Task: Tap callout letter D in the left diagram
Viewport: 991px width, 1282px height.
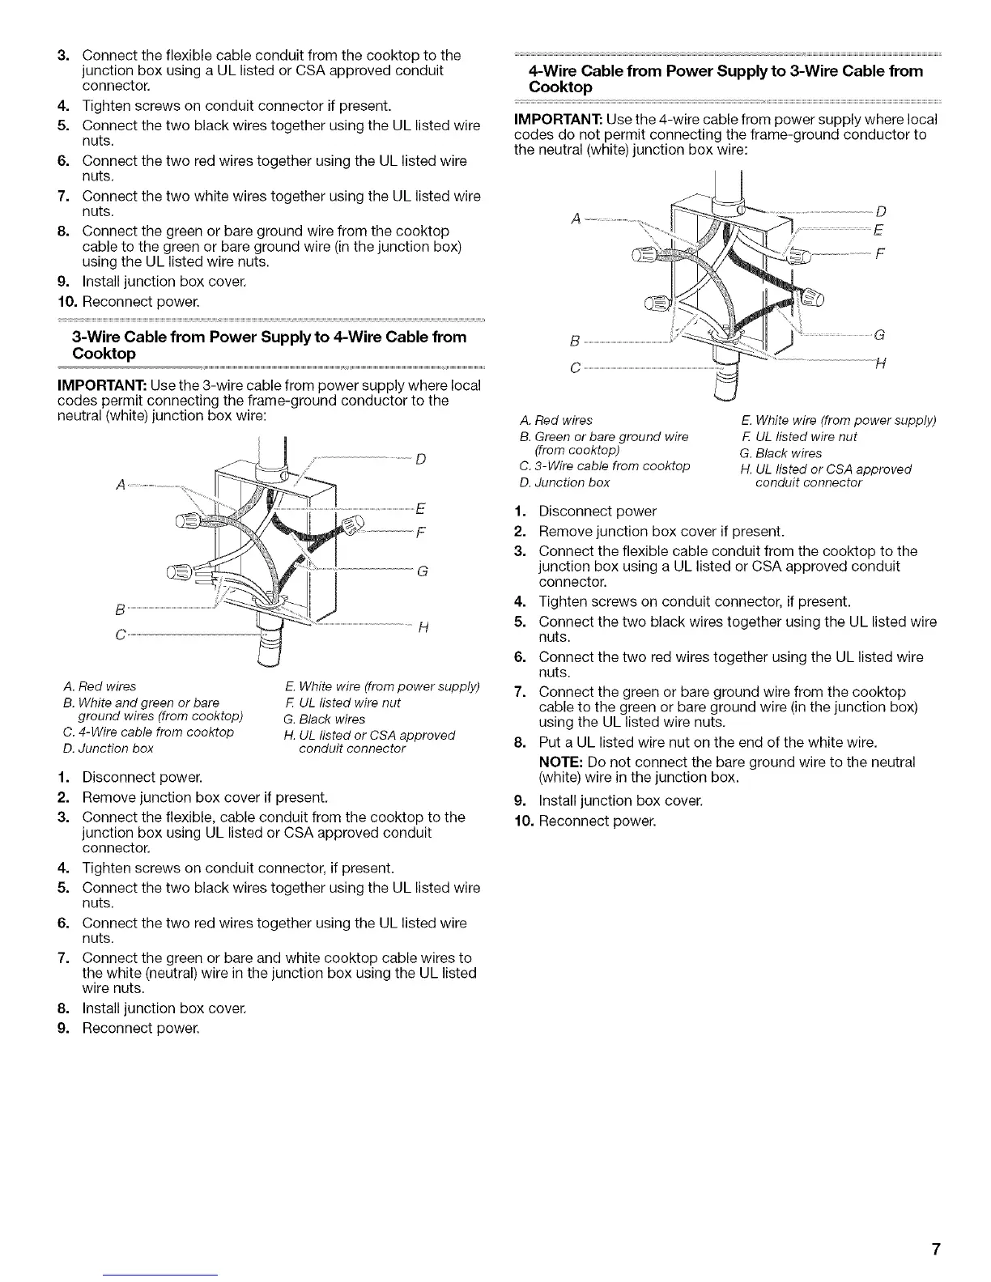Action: click(421, 460)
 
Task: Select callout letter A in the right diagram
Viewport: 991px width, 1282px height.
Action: click(575, 217)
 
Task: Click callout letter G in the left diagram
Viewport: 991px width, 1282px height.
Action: click(421, 572)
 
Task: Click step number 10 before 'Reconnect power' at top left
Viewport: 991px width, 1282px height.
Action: click(66, 301)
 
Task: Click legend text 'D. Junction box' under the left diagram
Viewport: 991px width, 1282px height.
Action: click(108, 748)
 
